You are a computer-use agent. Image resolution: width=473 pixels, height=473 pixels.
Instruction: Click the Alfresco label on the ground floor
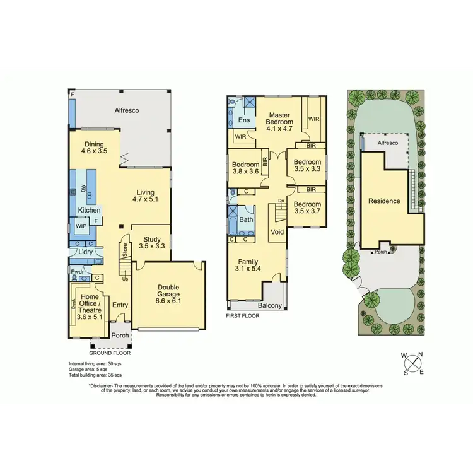click(126, 110)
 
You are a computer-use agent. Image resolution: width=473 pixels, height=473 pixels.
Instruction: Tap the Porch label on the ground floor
click(120, 336)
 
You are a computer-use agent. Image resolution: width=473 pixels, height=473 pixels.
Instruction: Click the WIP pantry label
click(81, 225)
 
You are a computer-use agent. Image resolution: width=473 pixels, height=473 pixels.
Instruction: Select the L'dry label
click(86, 252)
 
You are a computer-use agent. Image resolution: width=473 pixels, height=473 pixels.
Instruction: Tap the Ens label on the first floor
click(243, 120)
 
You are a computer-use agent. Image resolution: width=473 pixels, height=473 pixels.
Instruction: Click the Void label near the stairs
click(276, 231)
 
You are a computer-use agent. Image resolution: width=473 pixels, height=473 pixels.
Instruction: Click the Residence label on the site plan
click(384, 201)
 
